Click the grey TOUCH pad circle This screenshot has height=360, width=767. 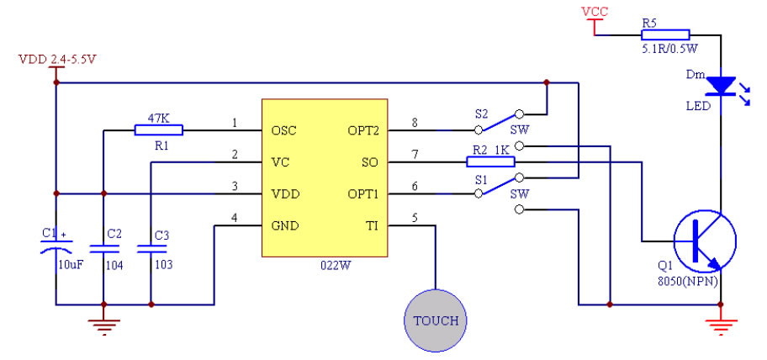coord(436,320)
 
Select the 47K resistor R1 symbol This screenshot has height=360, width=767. coord(158,130)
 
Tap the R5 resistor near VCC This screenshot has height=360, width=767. coord(665,34)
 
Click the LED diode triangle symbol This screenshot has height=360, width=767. coord(721,86)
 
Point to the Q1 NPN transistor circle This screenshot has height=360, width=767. coord(705,241)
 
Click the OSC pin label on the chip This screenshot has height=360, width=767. coord(283,131)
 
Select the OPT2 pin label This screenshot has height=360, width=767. coord(363,131)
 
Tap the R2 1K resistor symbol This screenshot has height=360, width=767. coord(491,161)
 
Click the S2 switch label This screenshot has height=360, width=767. coord(481,113)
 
